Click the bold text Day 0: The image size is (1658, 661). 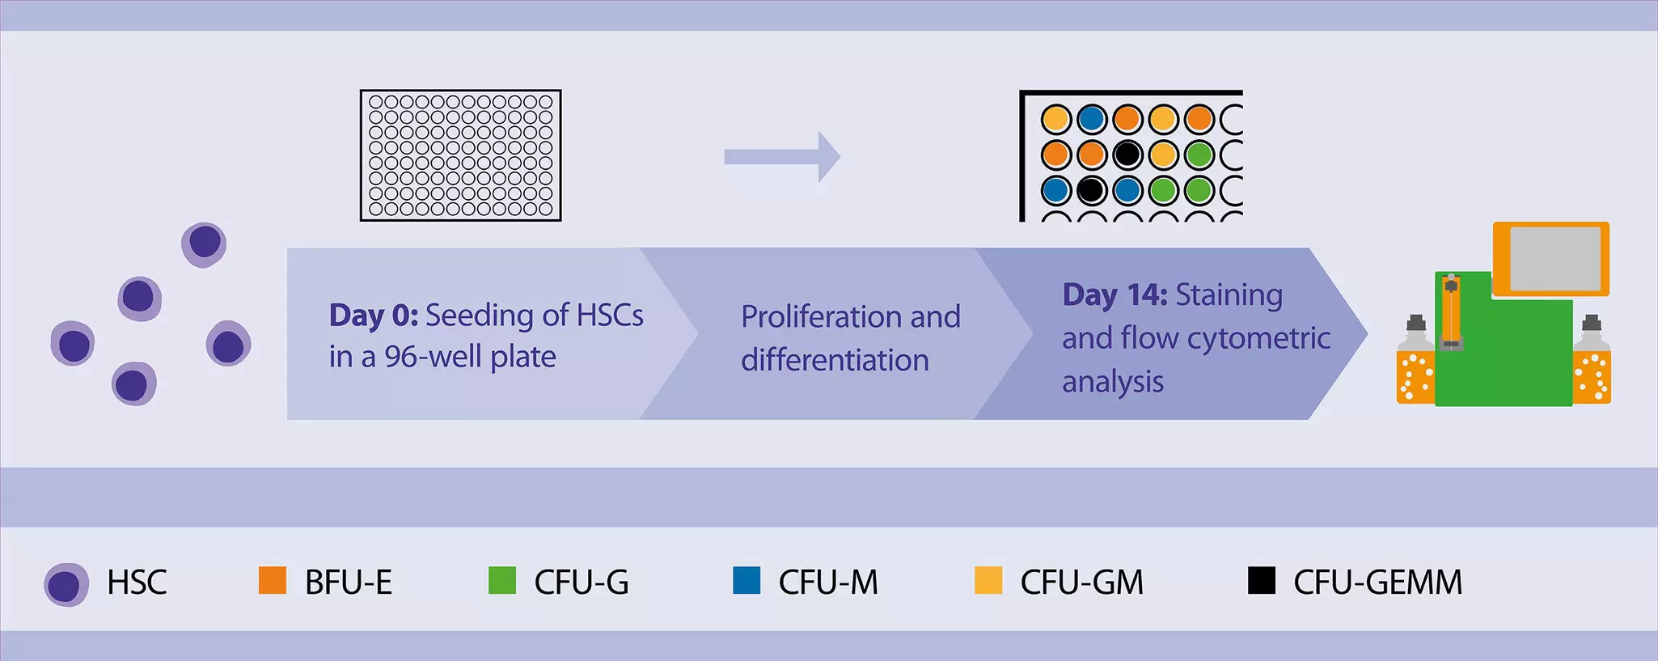(373, 316)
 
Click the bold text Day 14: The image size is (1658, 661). (1114, 295)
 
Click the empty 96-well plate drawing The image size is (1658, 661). (460, 155)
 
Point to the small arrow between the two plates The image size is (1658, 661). (781, 156)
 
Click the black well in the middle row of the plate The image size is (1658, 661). (1127, 155)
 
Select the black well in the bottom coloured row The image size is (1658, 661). (1091, 191)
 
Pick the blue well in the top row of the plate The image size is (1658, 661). (1091, 119)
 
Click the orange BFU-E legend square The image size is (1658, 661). (273, 580)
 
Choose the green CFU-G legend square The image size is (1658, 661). (502, 580)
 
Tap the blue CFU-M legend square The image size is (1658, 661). (746, 580)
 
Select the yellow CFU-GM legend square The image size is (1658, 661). (988, 580)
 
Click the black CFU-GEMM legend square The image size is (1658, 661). (1261, 580)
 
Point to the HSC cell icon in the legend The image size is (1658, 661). (66, 585)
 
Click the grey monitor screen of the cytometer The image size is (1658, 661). (1554, 259)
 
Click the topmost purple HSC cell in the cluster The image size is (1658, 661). (204, 244)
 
